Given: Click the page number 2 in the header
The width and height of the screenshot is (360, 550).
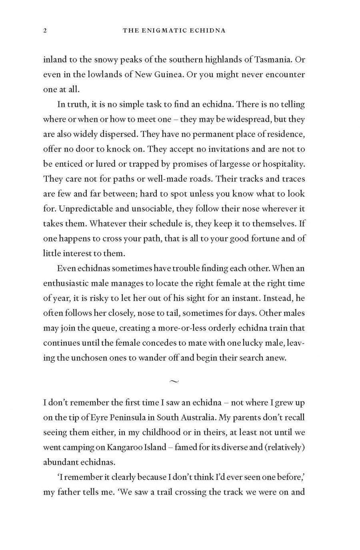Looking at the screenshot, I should click(x=45, y=30).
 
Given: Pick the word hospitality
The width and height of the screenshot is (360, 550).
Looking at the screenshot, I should click(x=281, y=164).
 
